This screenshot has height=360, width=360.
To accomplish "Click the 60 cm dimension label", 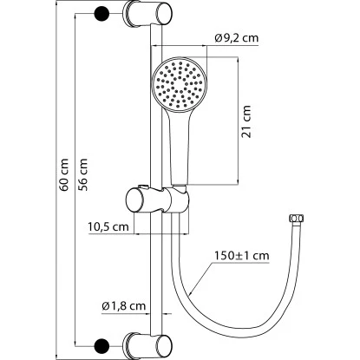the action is [x=64, y=175].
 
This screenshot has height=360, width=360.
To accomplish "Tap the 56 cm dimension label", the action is [x=82, y=175].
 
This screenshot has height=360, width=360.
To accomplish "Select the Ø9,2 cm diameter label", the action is [x=236, y=38].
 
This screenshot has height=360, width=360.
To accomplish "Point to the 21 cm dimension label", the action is [x=245, y=121].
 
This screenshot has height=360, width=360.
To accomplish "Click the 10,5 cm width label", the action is [x=108, y=226].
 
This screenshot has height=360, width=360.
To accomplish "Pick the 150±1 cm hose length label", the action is [x=242, y=256].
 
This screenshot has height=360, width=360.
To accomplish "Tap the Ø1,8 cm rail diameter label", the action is [x=124, y=306].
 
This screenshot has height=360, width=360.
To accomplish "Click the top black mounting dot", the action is [x=102, y=14].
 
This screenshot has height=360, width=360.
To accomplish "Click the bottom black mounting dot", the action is [x=102, y=345].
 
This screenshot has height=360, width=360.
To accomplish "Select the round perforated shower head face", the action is [x=180, y=84].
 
